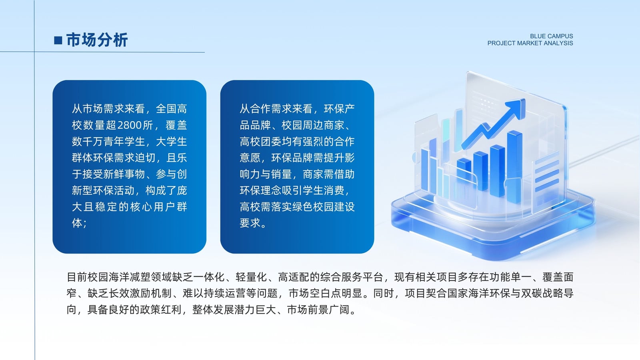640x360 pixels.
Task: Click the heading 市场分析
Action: [x=97, y=40]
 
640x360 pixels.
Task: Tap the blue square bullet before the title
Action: [x=58, y=40]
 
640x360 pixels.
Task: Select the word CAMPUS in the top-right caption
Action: [x=560, y=36]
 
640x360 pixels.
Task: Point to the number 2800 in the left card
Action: [x=129, y=125]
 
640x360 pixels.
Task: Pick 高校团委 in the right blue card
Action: [x=260, y=142]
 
